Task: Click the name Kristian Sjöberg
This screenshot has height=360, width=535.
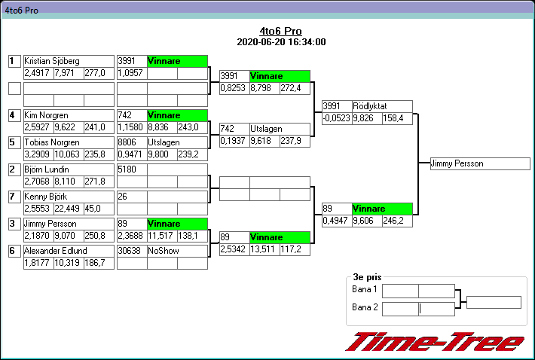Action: [x=52, y=61]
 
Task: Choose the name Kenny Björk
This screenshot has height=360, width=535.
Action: [x=44, y=197]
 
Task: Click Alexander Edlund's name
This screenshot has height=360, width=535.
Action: [x=56, y=251]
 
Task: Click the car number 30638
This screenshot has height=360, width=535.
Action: [x=131, y=251]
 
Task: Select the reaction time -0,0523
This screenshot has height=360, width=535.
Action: [x=336, y=118]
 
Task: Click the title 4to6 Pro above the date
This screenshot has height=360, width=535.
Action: [x=280, y=31]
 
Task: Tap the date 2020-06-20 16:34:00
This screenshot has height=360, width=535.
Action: [x=280, y=42]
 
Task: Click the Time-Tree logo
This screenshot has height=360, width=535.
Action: [x=435, y=341]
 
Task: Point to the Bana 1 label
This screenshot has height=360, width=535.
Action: [x=365, y=290]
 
